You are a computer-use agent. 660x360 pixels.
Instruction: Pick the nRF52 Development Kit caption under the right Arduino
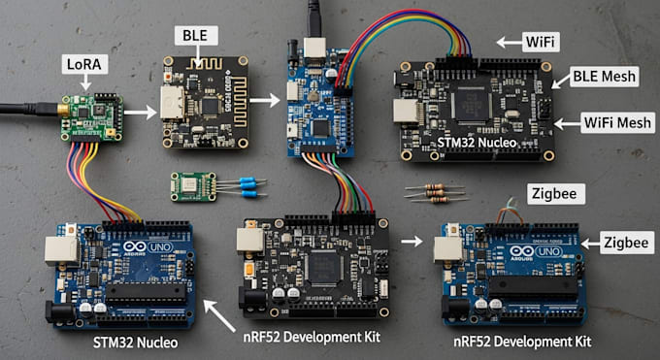click(x=522, y=341)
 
